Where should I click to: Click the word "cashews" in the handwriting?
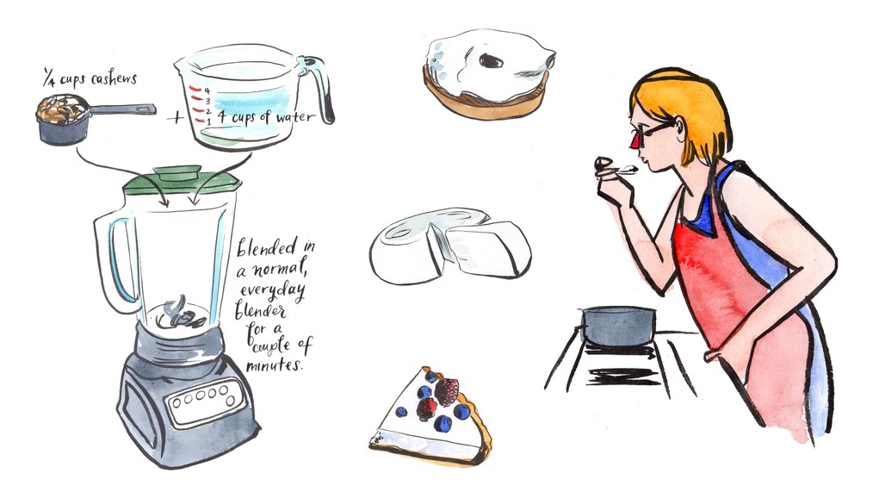coord(114,79)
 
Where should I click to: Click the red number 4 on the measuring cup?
coord(207,90)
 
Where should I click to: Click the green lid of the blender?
coord(182,180)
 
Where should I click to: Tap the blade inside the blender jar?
coord(179,314)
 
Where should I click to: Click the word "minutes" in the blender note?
coord(274,364)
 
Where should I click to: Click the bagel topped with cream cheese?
coord(489,73)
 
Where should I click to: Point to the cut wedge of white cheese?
coord(489,250)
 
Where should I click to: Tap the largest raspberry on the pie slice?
coord(447,391)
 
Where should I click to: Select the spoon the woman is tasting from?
coord(616,167)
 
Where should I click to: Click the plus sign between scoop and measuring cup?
coord(176,118)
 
